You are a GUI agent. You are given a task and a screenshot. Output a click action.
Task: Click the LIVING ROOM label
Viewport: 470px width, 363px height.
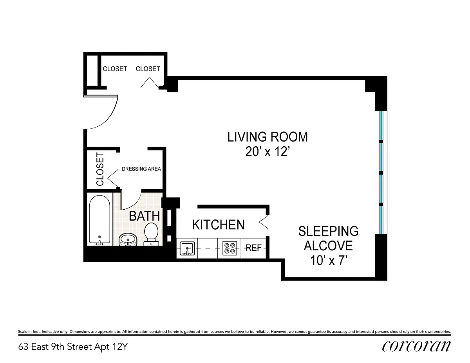268,137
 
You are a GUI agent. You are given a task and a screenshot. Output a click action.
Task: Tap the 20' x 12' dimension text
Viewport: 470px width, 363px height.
268,152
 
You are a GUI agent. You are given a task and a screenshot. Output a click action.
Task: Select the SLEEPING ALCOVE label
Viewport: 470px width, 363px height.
328,238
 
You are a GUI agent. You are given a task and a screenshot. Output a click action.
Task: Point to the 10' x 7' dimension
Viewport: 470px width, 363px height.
329,261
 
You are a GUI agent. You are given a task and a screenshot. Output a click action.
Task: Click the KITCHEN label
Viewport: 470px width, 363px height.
218,225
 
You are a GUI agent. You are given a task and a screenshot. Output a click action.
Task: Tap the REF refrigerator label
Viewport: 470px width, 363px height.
253,248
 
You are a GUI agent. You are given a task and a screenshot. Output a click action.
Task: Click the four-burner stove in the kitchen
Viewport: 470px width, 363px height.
230,248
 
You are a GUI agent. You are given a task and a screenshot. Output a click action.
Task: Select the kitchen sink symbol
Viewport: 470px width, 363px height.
187,248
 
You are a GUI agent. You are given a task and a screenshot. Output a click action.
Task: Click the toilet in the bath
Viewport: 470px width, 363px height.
151,234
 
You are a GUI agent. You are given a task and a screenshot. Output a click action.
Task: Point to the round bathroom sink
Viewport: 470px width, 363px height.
128,240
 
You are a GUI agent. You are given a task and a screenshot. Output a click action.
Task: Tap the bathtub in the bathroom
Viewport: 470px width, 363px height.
99,220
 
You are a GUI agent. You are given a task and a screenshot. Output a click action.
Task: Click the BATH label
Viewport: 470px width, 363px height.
144,216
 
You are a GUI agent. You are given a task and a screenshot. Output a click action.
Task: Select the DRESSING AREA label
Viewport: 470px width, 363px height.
141,169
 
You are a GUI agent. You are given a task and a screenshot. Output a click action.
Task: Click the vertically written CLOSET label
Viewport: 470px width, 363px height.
100,169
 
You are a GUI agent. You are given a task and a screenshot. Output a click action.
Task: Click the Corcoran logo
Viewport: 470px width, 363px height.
416,347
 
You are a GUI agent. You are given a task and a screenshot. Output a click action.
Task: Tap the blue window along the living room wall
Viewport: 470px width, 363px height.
381,173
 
